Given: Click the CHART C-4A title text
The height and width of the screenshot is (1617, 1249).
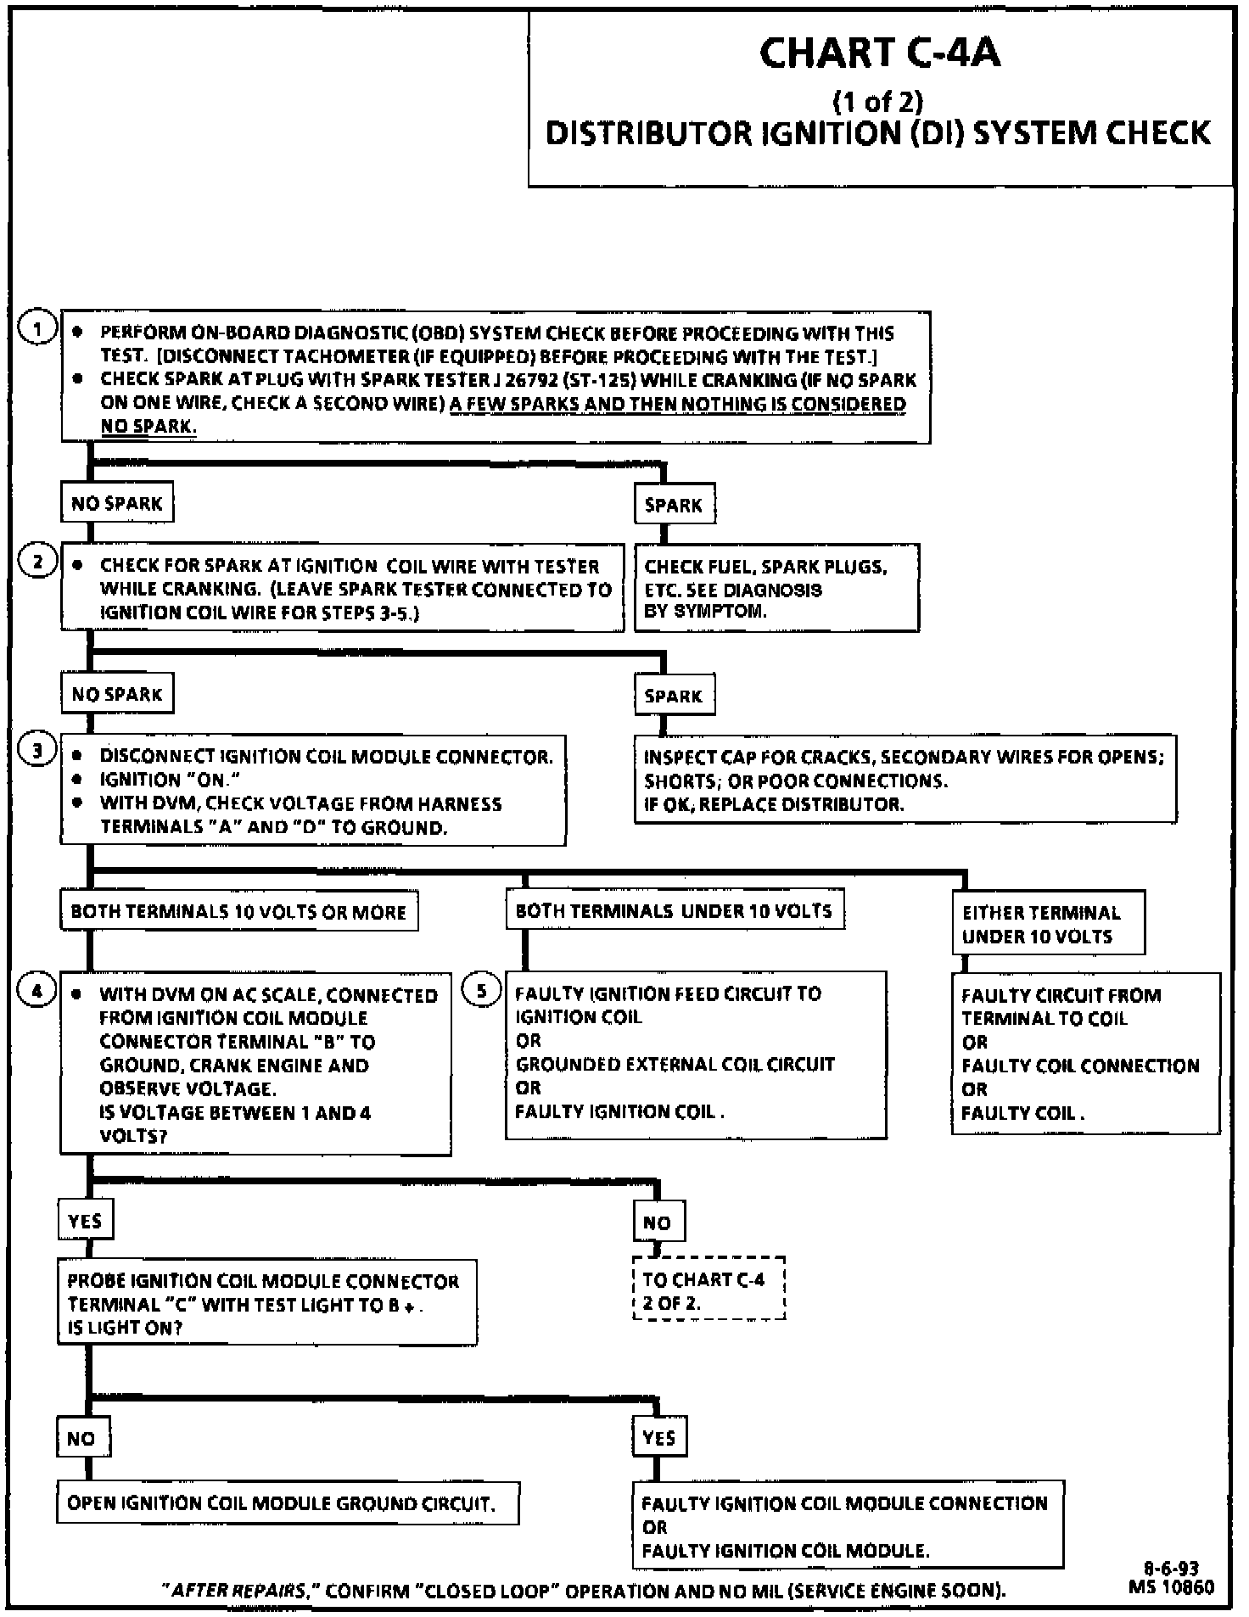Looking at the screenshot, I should point(879,53).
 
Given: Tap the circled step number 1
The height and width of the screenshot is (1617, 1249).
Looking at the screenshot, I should point(37,328).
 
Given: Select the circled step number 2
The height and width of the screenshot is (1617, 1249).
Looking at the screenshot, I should point(37,562).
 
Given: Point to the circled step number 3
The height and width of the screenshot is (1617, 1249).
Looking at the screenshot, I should point(37,752).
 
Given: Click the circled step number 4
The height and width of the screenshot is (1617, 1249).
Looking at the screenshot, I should point(37,991).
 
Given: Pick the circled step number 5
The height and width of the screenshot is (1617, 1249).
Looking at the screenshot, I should point(481,991).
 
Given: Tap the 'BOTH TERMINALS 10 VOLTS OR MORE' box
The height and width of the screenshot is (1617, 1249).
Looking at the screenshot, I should point(238,912).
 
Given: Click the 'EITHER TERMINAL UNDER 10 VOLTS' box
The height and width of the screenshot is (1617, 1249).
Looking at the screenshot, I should point(1047,924).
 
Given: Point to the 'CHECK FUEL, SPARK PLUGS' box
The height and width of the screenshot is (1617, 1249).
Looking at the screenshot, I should point(776,589).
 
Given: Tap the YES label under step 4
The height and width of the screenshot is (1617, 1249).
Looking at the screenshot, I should point(85,1222).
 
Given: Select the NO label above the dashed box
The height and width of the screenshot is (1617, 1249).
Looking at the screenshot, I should point(658,1223).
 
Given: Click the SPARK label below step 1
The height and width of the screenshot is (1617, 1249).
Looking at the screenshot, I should point(674,506).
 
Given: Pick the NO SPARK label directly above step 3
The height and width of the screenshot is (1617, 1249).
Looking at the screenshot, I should point(116,695).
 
